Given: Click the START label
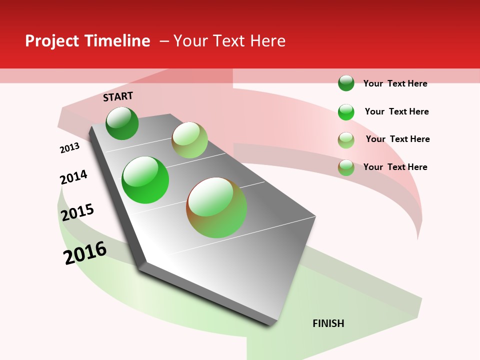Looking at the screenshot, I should tap(118, 96).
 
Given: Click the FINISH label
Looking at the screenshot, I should tap(328, 323).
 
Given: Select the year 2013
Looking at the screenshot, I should tap(69, 148).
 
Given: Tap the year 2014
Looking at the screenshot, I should tap(73, 177).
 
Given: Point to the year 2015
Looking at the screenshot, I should tap(77, 212).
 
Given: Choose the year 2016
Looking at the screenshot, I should tap(85, 252).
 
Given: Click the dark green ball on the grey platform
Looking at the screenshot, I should tap(122, 123).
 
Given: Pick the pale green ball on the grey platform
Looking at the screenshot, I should tap(189, 139).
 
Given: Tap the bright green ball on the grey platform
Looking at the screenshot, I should tap(145, 180).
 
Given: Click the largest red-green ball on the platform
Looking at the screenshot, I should tap(216, 207).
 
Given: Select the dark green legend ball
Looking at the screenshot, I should tap(346, 83).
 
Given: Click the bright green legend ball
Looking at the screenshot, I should tap(346, 112).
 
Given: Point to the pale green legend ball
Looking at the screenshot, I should tap(346, 140).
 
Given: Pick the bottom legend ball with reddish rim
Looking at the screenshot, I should tap(346, 167).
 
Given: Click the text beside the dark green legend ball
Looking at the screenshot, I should tap(395, 83).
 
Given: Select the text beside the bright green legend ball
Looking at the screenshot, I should tap(396, 111).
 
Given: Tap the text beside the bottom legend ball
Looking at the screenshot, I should tap(395, 167).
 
